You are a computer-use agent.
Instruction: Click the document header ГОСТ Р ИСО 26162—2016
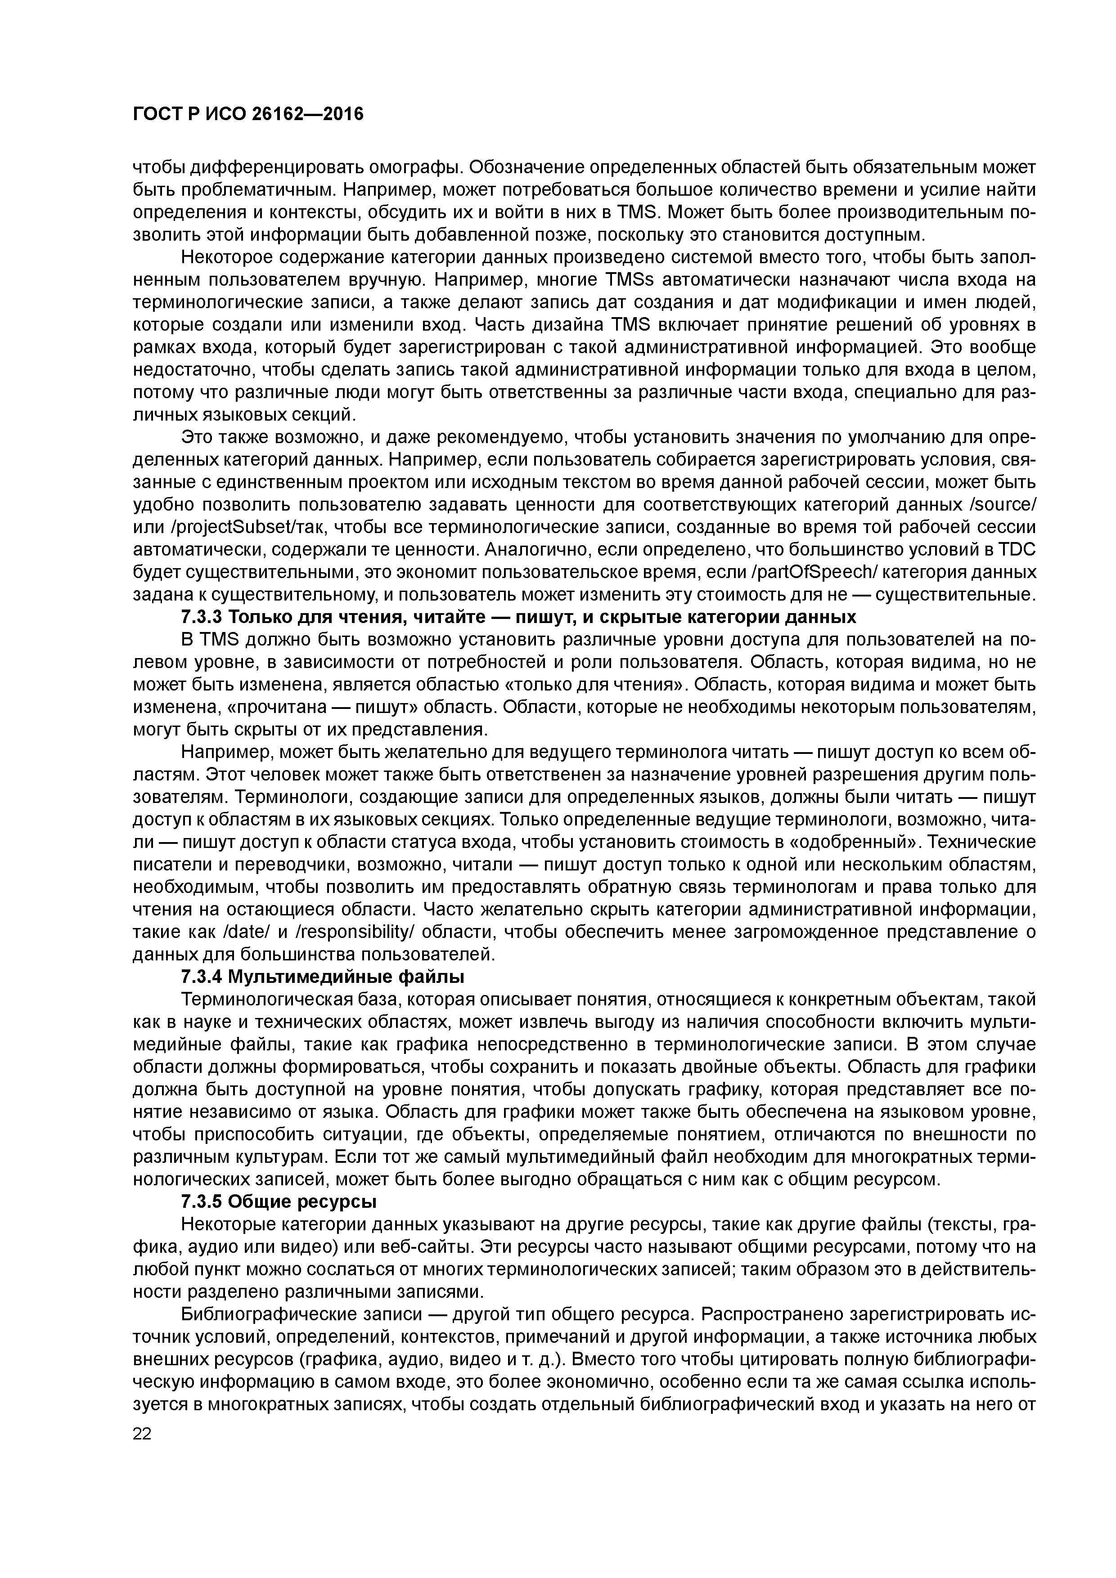[247, 114]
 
